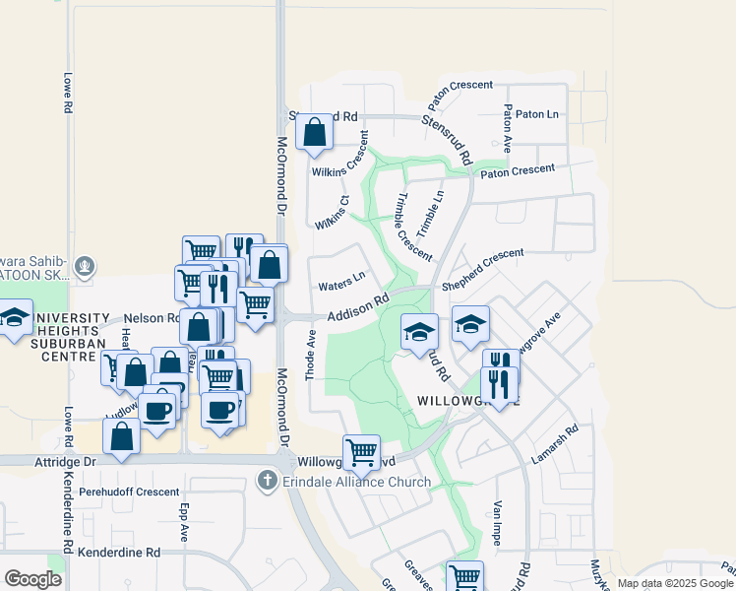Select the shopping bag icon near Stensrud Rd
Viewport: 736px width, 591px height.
pyautogui.click(x=314, y=132)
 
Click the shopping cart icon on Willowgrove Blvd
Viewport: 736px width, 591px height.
pyautogui.click(x=362, y=452)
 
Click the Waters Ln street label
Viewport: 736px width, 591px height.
pyautogui.click(x=341, y=286)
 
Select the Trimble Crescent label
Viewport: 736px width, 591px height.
pyautogui.click(x=412, y=227)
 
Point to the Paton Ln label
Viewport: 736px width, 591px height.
pyautogui.click(x=538, y=114)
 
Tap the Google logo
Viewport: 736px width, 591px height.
pyautogui.click(x=32, y=580)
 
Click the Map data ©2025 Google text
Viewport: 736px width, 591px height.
pyautogui.click(x=675, y=583)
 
